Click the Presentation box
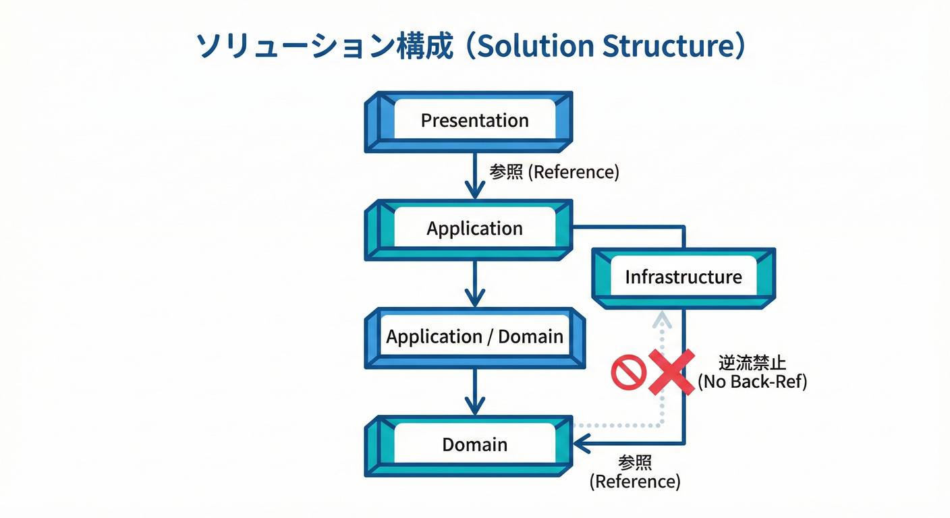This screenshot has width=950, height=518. tap(475, 121)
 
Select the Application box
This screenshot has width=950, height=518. tap(475, 229)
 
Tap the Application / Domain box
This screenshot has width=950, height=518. tap(475, 337)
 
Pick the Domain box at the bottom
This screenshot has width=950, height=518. tap(475, 444)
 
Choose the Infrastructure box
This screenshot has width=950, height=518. tap(683, 277)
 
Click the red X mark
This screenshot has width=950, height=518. tap(671, 372)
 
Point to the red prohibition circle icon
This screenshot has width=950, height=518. tap(628, 372)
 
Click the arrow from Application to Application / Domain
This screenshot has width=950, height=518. tap(475, 283)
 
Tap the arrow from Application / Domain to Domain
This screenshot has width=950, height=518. tap(475, 392)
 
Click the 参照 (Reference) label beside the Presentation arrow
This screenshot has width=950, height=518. tap(554, 172)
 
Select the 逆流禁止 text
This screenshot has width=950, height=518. tap(752, 364)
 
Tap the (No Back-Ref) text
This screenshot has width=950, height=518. tap(752, 382)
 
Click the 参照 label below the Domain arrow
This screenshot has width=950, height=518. tap(635, 463)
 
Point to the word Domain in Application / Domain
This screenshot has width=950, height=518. tap(530, 337)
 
